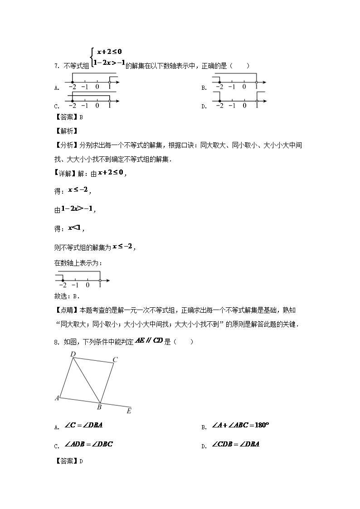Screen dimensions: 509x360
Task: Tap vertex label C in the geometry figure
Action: (115, 359)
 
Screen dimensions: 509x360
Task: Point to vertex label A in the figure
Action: (57, 398)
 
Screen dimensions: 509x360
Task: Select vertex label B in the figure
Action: (99, 407)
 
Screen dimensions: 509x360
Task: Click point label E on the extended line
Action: (129, 411)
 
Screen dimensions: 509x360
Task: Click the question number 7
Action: (56, 66)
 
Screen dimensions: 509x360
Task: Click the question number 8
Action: (56, 342)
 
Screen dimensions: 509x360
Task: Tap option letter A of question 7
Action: (56, 88)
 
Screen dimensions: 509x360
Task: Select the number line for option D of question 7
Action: (238, 102)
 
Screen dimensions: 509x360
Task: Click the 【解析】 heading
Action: (66, 131)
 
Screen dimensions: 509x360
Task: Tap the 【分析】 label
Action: (66, 145)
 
